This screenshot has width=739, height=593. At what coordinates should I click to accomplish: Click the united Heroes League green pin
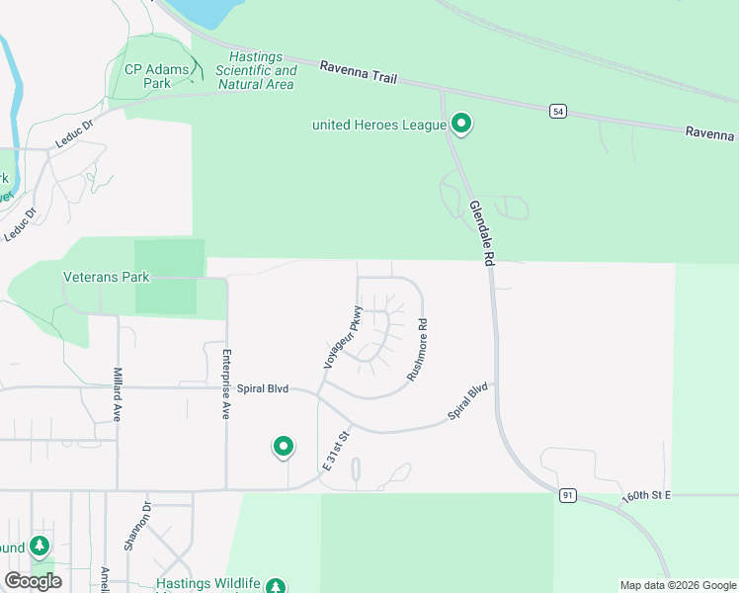click(x=461, y=124)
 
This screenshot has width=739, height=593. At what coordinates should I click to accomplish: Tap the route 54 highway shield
click(x=559, y=112)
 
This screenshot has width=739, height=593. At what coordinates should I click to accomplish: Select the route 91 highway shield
click(x=566, y=495)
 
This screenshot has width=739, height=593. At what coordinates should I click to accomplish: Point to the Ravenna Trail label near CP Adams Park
click(x=358, y=70)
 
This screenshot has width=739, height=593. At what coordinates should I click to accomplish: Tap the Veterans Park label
click(x=106, y=277)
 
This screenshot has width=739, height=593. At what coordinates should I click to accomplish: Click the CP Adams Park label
click(x=149, y=76)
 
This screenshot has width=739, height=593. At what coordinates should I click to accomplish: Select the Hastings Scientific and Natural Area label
click(x=255, y=71)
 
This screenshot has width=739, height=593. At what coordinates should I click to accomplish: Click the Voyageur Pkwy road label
click(x=342, y=338)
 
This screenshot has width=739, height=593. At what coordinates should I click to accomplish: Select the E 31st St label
click(x=337, y=450)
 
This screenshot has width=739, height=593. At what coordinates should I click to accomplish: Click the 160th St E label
click(x=647, y=494)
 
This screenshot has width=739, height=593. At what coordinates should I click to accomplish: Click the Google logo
click(x=33, y=581)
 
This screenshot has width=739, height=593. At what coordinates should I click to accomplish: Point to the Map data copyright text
click(x=678, y=585)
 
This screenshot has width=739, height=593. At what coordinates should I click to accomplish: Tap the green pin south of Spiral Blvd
click(x=284, y=447)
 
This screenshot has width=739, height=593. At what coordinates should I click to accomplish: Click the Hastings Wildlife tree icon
click(x=276, y=585)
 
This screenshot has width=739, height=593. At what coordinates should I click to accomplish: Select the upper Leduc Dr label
click(x=73, y=133)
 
